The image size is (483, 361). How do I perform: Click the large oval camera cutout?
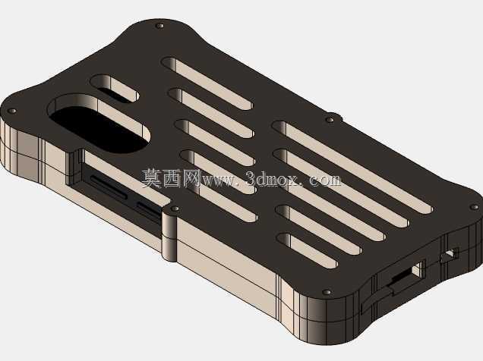99,124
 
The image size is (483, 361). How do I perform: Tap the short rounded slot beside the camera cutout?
115,88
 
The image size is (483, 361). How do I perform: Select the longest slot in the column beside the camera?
207,83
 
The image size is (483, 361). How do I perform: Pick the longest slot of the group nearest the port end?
352,167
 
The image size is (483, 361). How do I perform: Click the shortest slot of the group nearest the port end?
308,250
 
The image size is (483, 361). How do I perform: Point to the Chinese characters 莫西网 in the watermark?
172,178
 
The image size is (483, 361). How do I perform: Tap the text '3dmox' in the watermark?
272,178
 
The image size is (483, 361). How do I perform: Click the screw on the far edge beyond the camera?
159,26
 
